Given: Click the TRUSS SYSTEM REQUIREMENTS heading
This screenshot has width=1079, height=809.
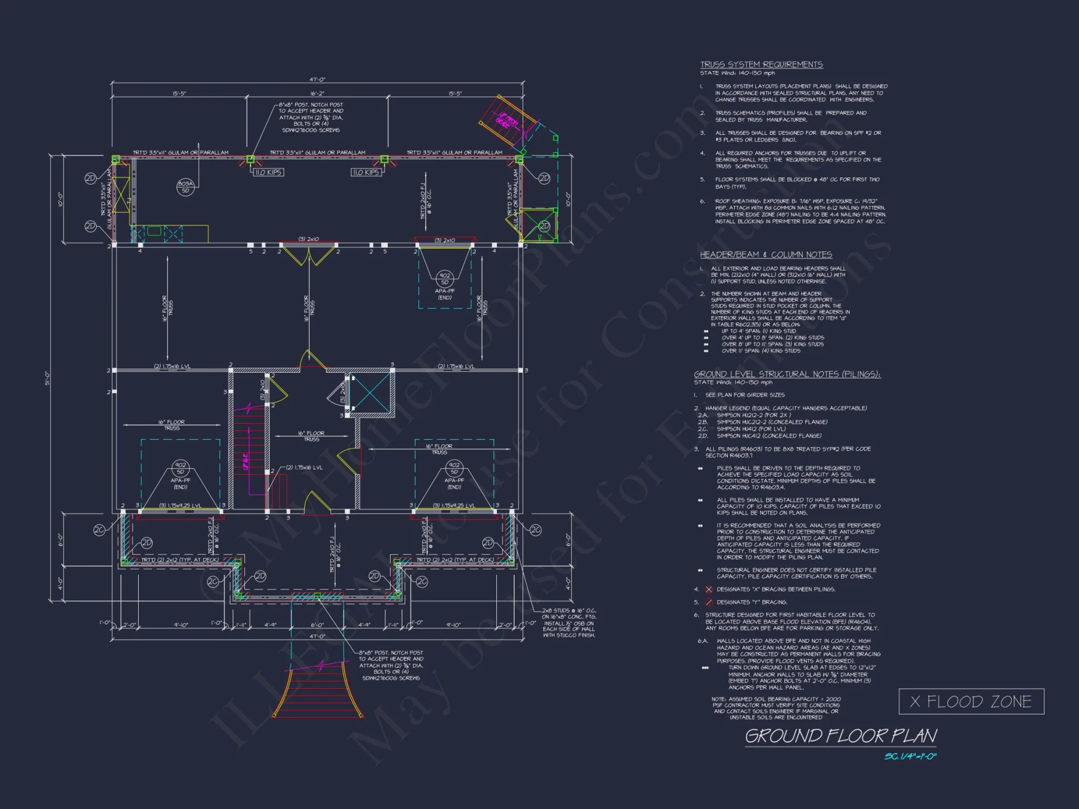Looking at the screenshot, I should (761, 65).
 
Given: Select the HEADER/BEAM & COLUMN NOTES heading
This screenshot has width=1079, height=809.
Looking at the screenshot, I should (766, 255).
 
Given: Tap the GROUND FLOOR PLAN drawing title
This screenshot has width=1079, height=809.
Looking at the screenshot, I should (841, 736).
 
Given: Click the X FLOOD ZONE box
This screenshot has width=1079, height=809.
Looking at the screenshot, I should (971, 702).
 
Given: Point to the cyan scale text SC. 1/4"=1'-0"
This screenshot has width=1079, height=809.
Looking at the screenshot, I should (910, 757).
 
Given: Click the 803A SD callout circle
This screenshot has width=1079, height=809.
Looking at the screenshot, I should (185, 187).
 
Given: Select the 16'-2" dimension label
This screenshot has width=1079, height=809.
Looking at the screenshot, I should (317, 94).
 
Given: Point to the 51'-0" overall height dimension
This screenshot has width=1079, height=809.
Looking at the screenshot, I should (47, 378).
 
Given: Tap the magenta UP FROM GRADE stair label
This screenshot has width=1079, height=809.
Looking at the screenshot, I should (508, 120).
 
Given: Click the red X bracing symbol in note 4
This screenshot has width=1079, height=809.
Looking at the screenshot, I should (709, 589).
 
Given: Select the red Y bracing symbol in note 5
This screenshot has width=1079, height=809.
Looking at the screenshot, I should (709, 602).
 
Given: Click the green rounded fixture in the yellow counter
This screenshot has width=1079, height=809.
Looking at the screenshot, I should (154, 231).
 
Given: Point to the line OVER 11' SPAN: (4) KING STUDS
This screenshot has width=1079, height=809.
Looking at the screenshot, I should (761, 351).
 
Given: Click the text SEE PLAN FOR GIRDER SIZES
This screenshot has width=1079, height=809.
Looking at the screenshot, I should (745, 395).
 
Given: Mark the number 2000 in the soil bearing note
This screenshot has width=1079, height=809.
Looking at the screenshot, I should (833, 699).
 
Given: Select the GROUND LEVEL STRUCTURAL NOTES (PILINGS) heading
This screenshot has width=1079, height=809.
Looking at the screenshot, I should (787, 374).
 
